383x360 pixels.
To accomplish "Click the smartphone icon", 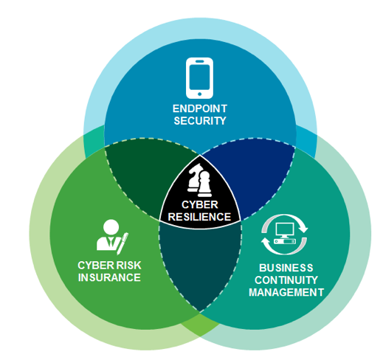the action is tap(199, 78).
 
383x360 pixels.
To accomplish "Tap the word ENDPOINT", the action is tap(200, 108).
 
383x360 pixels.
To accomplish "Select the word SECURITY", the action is tap(200, 121).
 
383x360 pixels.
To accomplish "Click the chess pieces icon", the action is tap(199, 180).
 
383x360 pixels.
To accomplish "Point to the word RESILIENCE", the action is tap(199, 217).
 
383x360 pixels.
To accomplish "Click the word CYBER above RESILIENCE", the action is tap(200, 204).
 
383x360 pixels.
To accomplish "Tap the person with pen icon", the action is tap(112, 237).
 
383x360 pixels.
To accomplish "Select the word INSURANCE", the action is tap(109, 277).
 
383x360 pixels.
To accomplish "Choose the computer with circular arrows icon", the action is tap(284, 235).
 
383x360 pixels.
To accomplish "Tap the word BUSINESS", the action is tap(286, 268).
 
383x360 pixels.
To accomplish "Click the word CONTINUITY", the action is tap(286, 280).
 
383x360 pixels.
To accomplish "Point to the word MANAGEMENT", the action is tap(286, 292).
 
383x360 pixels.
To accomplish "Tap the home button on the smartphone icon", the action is tap(199, 94).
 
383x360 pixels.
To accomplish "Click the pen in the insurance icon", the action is tap(123, 243).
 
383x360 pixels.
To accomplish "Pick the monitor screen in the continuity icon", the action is tap(285, 229).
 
